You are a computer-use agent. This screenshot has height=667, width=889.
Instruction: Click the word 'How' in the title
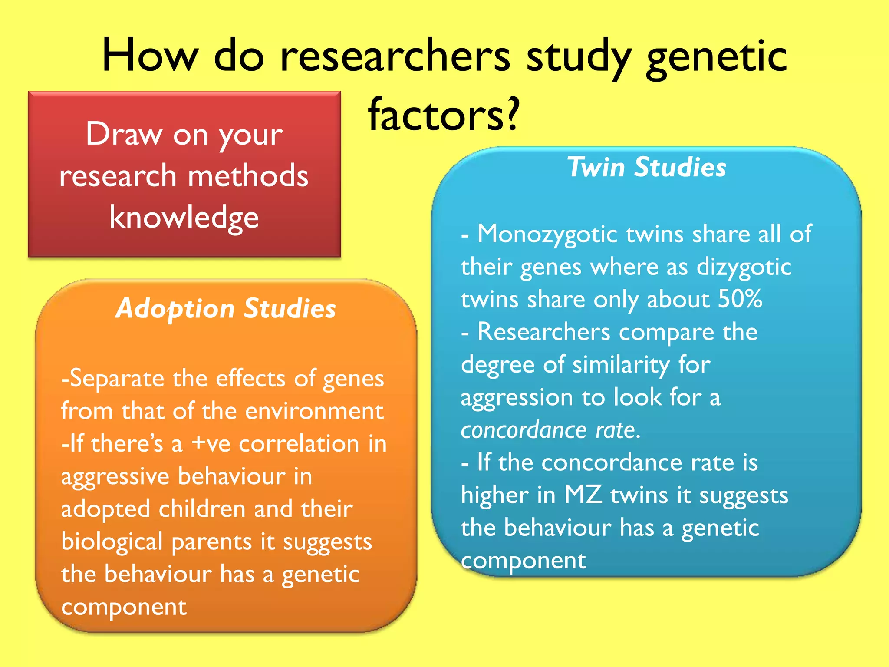pyautogui.click(x=150, y=56)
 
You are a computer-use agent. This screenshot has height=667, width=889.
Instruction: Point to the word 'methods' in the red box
pyautogui.click(x=248, y=176)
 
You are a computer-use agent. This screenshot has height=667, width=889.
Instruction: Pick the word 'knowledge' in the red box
pyautogui.click(x=184, y=217)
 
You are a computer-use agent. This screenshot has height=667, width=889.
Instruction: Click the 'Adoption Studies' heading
pyautogui.click(x=226, y=309)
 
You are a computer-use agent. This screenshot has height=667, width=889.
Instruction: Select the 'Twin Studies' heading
pyautogui.click(x=646, y=167)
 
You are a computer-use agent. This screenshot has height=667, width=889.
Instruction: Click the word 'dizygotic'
pyautogui.click(x=744, y=267)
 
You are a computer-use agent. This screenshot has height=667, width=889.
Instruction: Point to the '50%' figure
pyautogui.click(x=740, y=299)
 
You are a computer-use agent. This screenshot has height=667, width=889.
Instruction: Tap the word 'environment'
pyautogui.click(x=314, y=411)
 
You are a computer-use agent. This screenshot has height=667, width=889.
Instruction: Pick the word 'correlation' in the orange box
pyautogui.click(x=299, y=444)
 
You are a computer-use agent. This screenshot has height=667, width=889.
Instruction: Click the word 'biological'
pyautogui.click(x=112, y=542)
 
